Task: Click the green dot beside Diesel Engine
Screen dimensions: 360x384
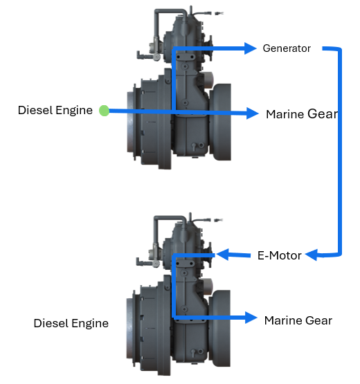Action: [104, 111]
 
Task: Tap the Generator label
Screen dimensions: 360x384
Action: [287, 48]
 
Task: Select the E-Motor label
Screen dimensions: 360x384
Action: [280, 256]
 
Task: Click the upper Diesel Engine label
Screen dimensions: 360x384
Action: [55, 110]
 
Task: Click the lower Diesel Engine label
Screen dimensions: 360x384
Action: [71, 323]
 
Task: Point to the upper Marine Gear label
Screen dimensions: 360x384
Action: [302, 114]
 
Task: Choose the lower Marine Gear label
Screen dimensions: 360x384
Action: [298, 320]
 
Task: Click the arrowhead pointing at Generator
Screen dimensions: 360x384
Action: [251, 48]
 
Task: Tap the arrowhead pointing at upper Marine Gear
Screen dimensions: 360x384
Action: [253, 113]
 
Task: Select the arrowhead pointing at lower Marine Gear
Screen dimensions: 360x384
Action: [251, 318]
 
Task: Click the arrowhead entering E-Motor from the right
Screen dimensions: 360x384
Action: [312, 255]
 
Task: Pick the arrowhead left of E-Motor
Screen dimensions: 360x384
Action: [222, 255]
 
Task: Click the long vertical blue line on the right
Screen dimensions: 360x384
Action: [340, 152]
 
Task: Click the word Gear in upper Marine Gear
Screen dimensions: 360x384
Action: [323, 114]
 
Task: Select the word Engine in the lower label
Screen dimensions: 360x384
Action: [90, 324]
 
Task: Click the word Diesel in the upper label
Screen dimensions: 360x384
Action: [35, 110]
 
